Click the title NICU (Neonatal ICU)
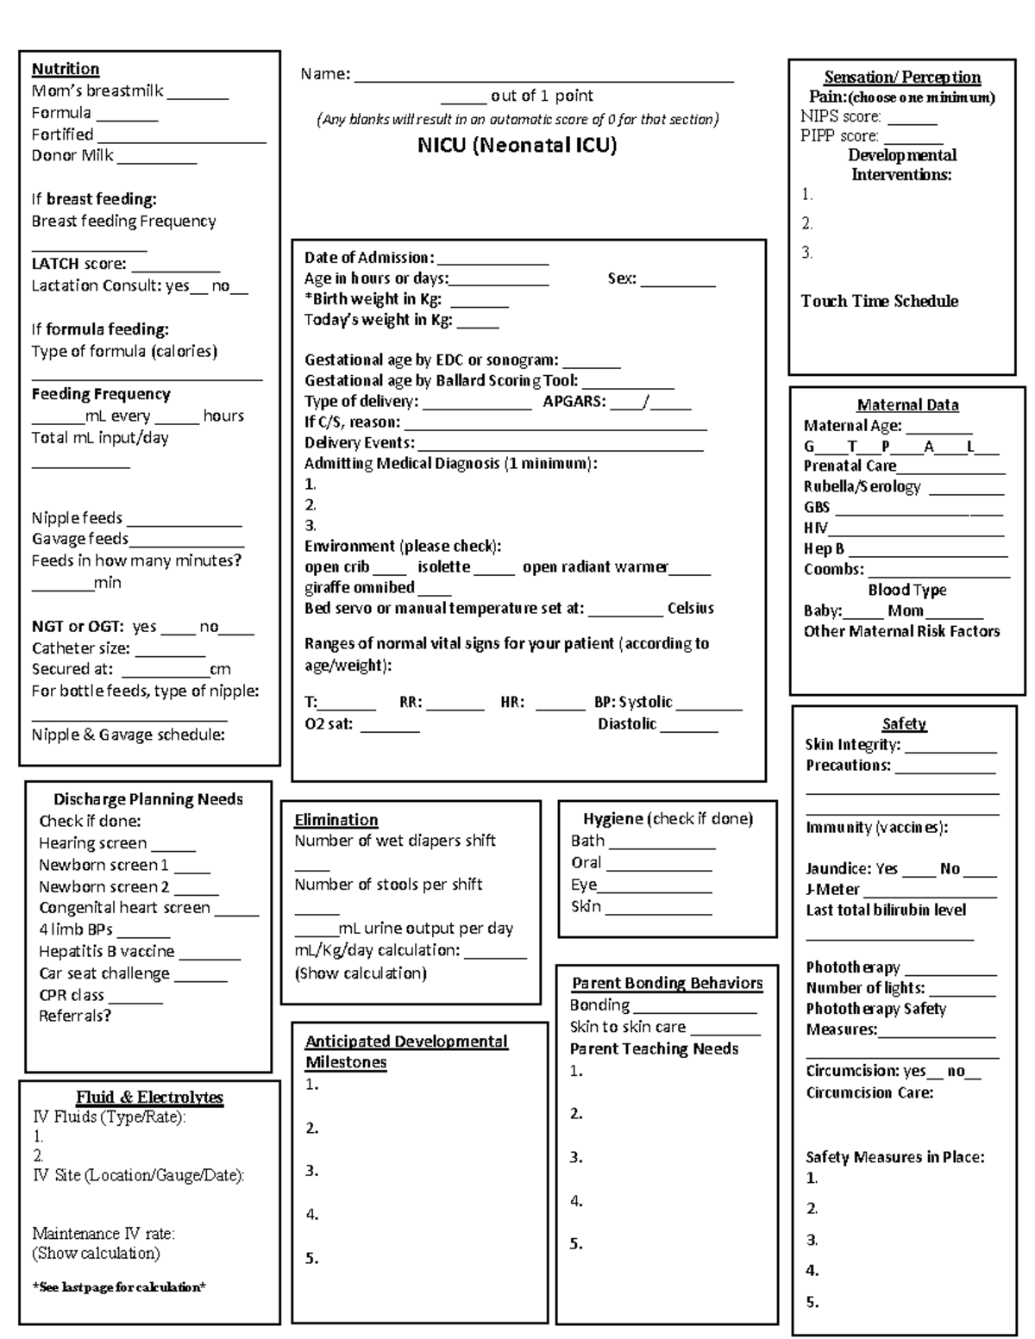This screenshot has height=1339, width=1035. coord(517,145)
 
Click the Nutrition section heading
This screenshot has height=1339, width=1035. coord(66,69)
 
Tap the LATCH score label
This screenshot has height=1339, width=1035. coord(78,264)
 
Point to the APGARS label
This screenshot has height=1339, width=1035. coord(574,401)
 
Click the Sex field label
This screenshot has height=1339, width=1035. coord(621,278)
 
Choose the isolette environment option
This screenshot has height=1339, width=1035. coord(444,567)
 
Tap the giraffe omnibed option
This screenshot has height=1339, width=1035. coord(360,588)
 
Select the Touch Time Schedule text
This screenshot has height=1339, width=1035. coord(879,301)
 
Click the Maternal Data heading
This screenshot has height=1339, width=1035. coord(907,405)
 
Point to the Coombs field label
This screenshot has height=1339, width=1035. coord(833,569)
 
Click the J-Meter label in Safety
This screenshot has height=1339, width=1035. coord(832,889)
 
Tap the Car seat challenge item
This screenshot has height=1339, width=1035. coord(104,973)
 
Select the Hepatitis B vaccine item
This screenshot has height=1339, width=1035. coord(107,951)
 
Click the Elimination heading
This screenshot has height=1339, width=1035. coord(336,820)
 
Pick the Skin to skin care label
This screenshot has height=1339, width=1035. coord(627,1027)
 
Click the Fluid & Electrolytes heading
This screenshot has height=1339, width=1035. coord(149,1098)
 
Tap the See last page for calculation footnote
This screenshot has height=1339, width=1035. coord(119,1287)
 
